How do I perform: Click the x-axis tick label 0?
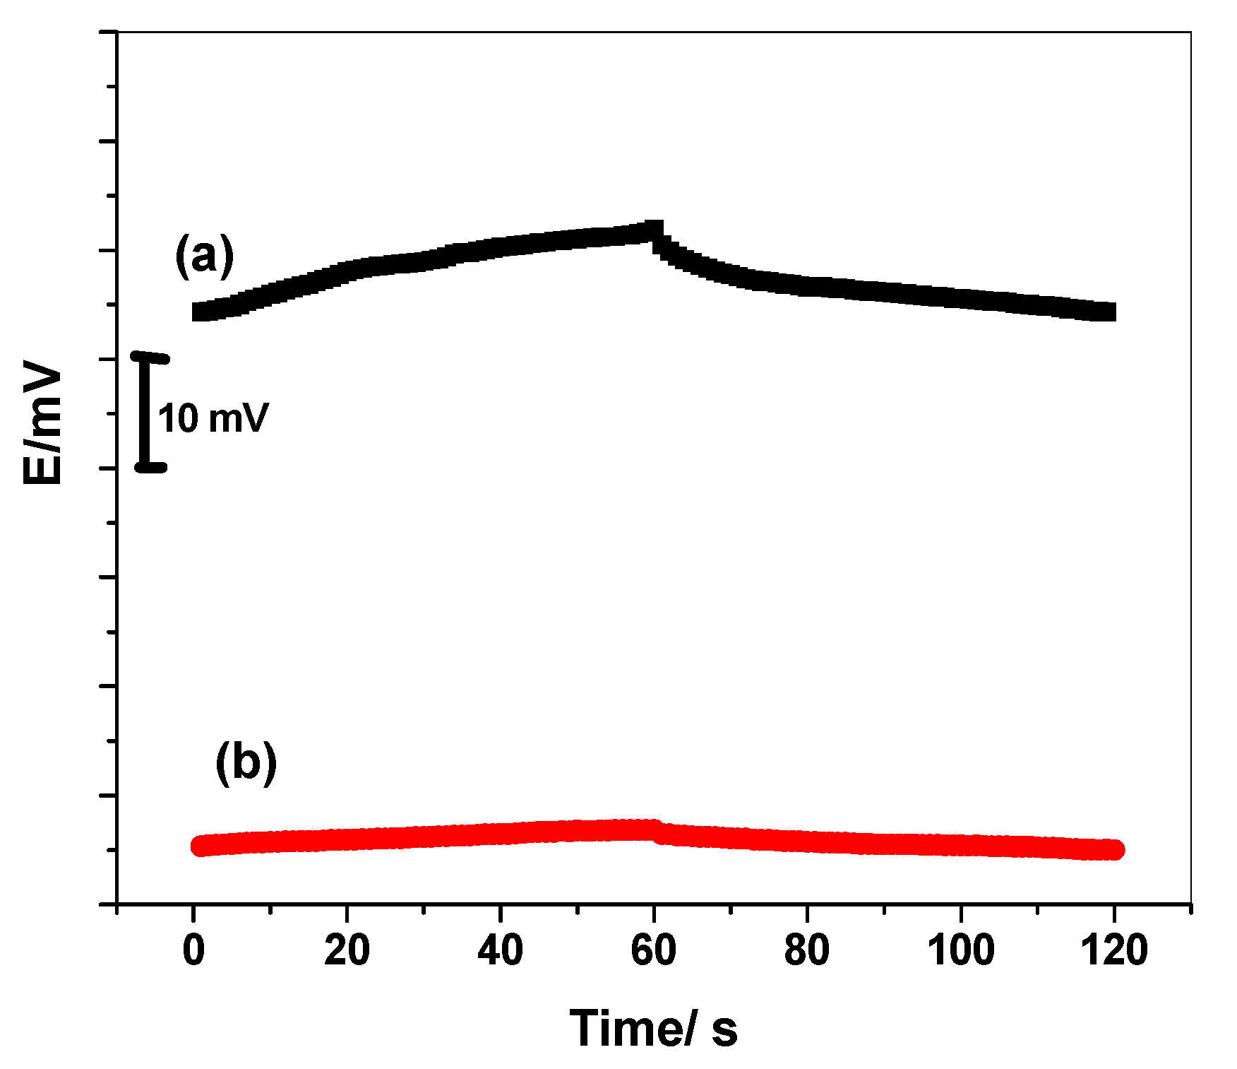[x=193, y=950]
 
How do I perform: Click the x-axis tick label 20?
[x=347, y=950]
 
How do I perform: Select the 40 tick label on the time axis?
[x=500, y=950]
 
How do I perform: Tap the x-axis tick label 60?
[x=653, y=950]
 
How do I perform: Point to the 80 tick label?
[x=806, y=950]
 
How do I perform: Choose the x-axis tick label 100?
[x=960, y=950]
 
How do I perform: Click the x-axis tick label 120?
[x=1114, y=950]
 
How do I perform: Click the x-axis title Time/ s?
[x=653, y=1028]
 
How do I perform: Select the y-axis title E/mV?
[x=42, y=423]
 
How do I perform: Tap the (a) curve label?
[x=204, y=256]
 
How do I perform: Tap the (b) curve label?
[x=246, y=762]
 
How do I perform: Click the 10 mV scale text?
[x=213, y=418]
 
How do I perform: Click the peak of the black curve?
[x=655, y=230]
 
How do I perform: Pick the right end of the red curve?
[x=1114, y=850]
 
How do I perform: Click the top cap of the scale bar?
[x=150, y=358]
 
